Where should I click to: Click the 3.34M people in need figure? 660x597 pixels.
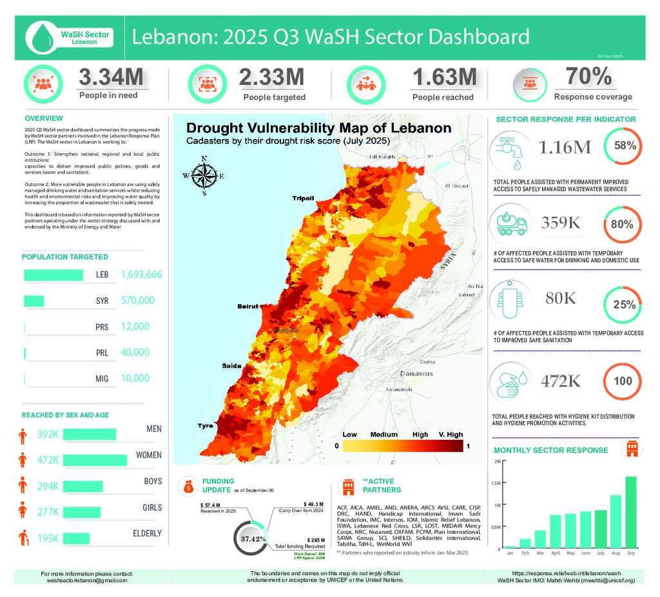coord(111,77)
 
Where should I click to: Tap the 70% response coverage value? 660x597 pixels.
coord(588,77)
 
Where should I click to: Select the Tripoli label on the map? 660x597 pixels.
coord(303,198)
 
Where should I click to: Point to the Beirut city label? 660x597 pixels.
coord(248,306)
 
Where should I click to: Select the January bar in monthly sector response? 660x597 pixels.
coord(510,546)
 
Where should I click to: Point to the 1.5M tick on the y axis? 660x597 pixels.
coord(497,483)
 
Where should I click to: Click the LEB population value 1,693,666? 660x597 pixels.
coord(141,275)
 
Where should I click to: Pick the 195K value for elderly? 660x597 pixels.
coord(49,538)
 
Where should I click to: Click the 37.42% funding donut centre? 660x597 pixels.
coord(253,538)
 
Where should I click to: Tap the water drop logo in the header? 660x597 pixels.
coord(43,35)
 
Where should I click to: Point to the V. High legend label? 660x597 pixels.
coord(451,434)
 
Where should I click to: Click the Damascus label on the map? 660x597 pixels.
coord(416,374)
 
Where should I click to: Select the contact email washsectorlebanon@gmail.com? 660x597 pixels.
coord(87,580)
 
